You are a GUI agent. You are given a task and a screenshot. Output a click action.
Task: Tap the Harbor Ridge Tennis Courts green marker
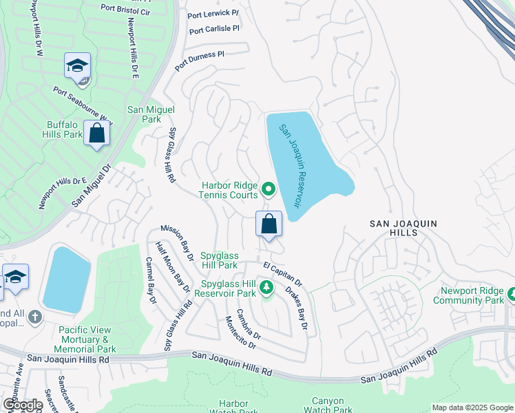click(x=269, y=188)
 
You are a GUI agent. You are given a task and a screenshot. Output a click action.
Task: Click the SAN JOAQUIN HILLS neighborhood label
click(x=403, y=229)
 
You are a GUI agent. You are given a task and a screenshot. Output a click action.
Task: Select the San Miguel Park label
click(x=151, y=114)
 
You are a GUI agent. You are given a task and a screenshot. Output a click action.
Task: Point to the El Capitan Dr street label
click(x=282, y=274)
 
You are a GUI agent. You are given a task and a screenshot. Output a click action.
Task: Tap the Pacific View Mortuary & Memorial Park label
click(x=87, y=340)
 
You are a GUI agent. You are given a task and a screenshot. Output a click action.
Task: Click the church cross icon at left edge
click(x=35, y=317)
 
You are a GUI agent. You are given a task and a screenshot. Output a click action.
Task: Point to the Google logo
click(x=23, y=405)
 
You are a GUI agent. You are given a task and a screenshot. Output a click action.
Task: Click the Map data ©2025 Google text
click(x=472, y=407)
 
